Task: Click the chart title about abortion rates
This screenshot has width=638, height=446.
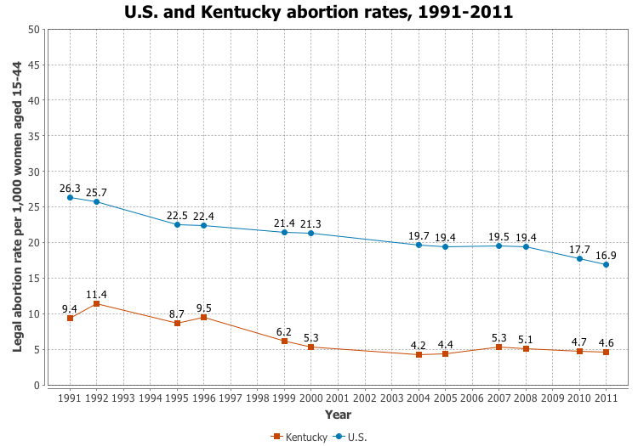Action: (x=319, y=13)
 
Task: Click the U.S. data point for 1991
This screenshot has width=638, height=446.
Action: (x=70, y=198)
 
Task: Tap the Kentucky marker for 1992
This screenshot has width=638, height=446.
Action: (x=96, y=303)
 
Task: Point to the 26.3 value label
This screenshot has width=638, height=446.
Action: (x=70, y=188)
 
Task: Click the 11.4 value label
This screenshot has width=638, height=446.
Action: (x=96, y=294)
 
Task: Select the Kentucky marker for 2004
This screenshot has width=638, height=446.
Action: (x=419, y=354)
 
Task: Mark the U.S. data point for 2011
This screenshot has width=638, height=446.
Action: (x=606, y=264)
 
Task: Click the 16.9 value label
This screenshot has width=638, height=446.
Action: (x=606, y=254)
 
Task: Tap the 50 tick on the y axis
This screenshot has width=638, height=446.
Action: (x=34, y=30)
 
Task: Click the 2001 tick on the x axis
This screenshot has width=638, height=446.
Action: (x=338, y=397)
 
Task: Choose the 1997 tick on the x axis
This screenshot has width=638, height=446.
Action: (x=231, y=397)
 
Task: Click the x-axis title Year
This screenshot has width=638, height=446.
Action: (x=338, y=415)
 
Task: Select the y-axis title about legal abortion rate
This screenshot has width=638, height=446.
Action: (x=17, y=206)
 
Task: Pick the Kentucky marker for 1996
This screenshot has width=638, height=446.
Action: (x=203, y=317)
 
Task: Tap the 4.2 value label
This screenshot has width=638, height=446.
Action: (x=419, y=345)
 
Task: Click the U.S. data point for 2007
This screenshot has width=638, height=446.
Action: (x=498, y=246)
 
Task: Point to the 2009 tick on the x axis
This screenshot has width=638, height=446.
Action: (x=552, y=397)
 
